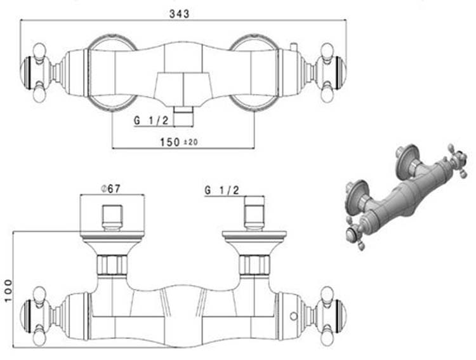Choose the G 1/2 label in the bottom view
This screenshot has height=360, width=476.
point(221,189)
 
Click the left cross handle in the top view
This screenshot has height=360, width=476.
point(39,73)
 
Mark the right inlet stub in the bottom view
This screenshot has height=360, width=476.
point(255,212)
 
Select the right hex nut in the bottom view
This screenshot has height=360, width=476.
point(255,264)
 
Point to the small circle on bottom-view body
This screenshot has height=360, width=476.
point(292,316)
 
